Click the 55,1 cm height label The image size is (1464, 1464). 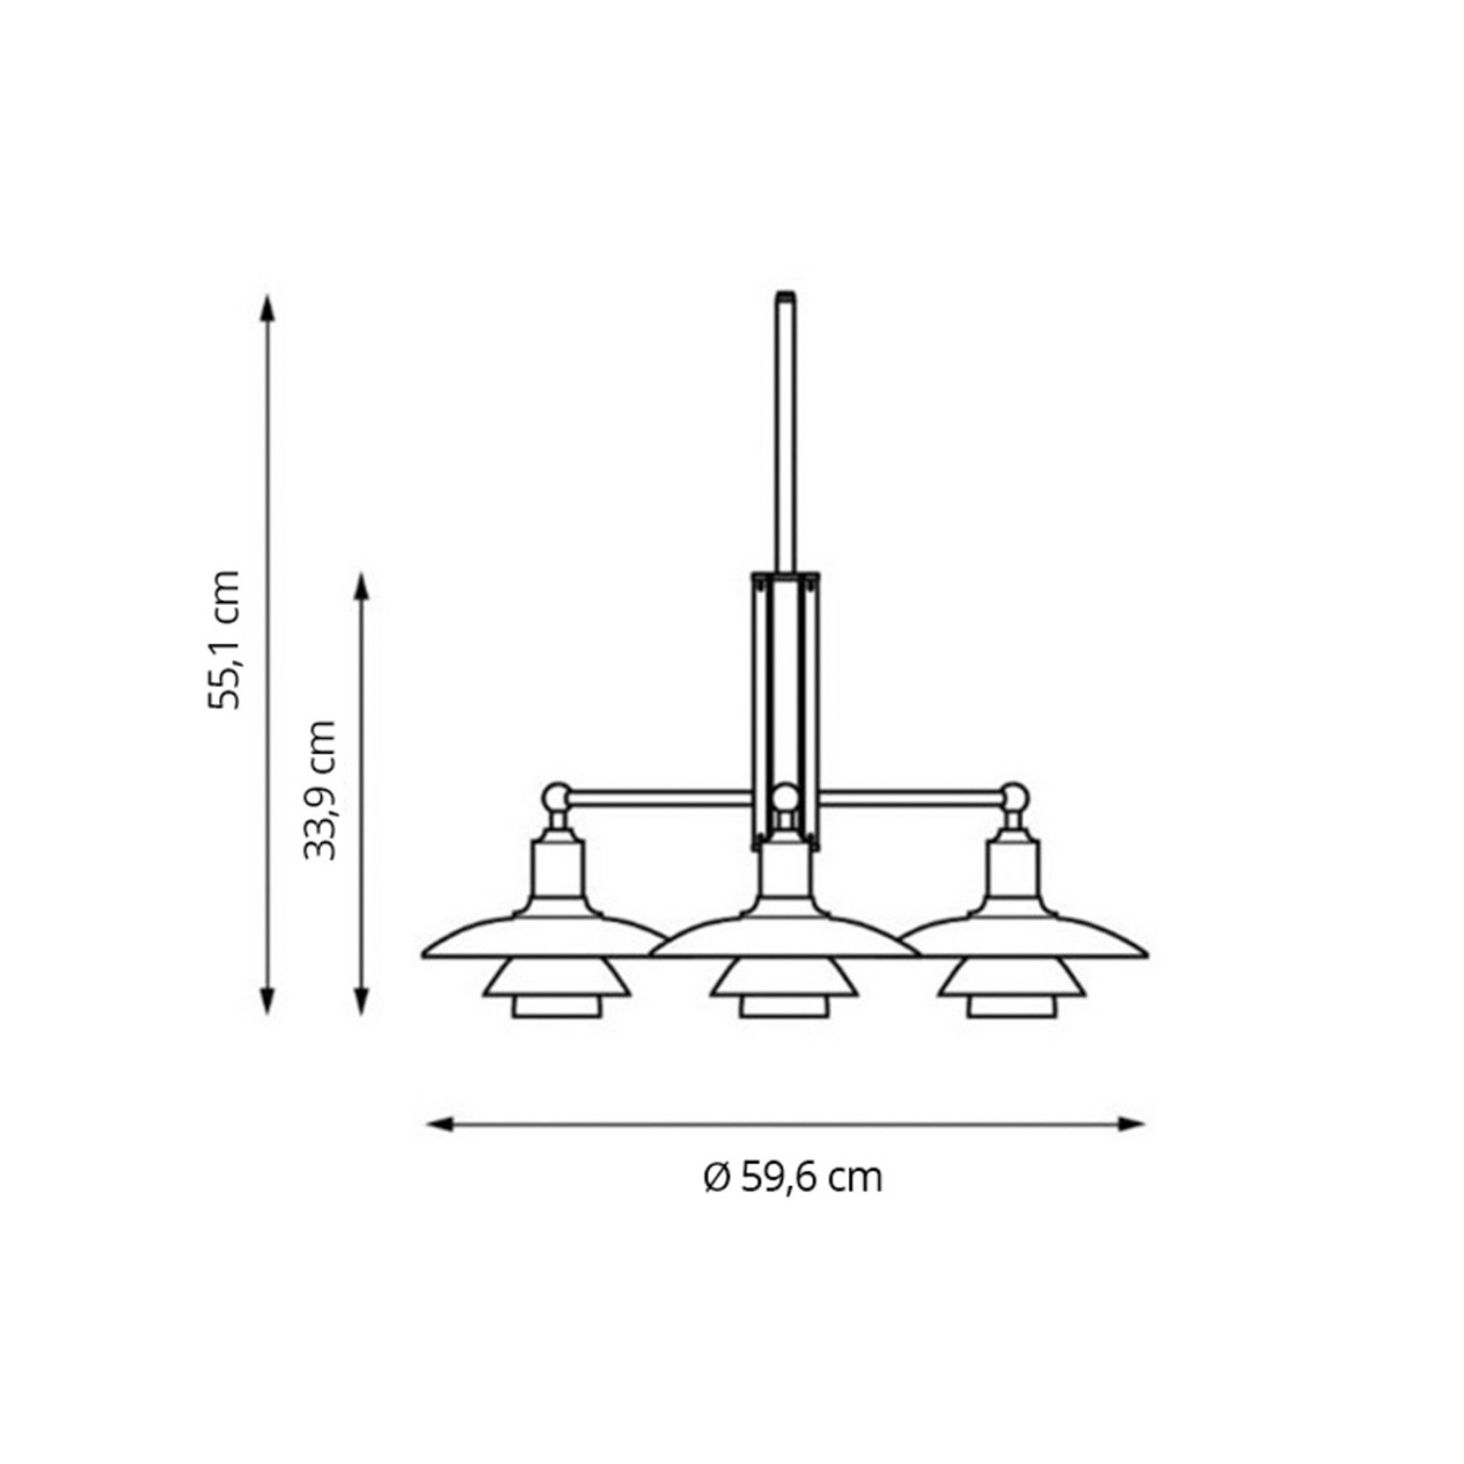point(225,639)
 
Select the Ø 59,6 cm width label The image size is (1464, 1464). point(792,1177)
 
